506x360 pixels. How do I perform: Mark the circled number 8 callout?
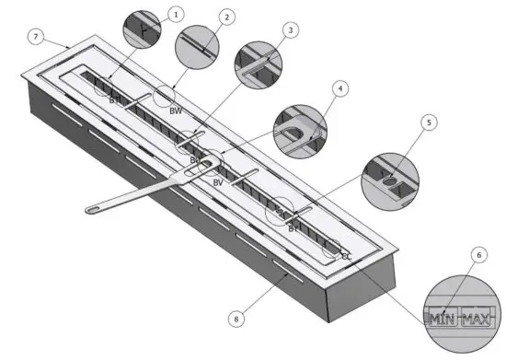click(236, 319)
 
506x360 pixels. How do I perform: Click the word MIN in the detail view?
click(443, 319)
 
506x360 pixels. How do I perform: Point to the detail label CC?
click(346, 258)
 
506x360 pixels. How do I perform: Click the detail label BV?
click(218, 182)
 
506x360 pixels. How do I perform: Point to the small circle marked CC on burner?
click(331, 248)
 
